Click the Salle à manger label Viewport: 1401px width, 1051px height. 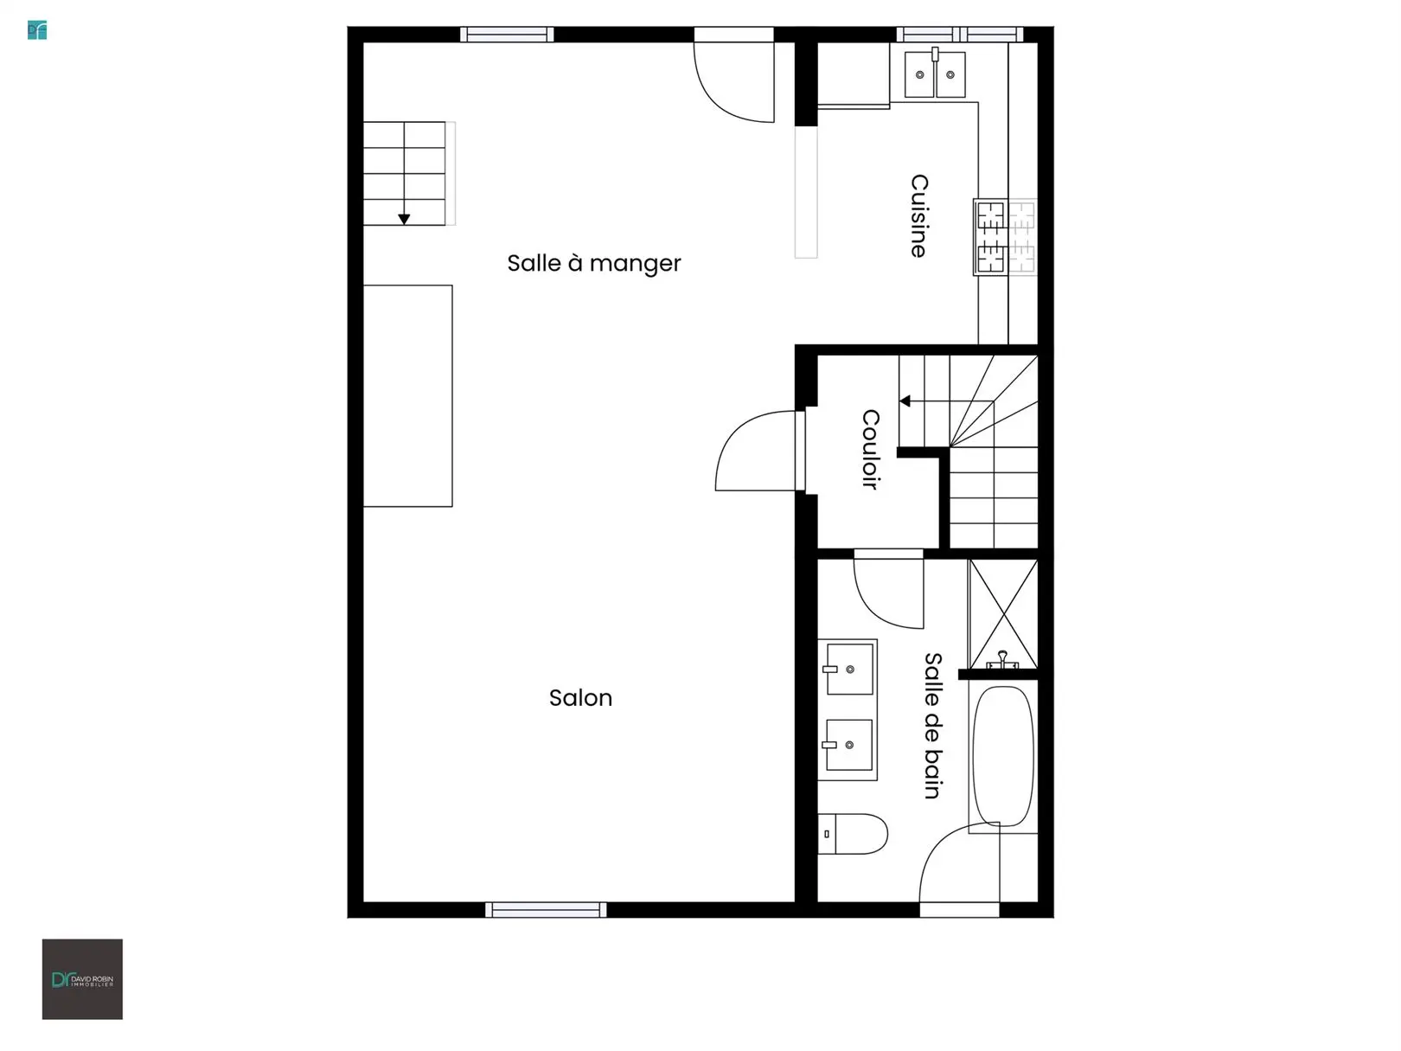pos(593,263)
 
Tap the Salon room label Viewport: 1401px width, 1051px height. pos(580,697)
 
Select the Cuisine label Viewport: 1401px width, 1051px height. pos(918,215)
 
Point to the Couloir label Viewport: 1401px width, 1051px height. pos(871,449)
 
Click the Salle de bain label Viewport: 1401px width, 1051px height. pos(933,726)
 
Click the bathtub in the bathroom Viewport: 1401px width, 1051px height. pos(1002,756)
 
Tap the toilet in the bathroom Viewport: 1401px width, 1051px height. pos(852,833)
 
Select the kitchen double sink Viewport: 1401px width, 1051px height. pos(935,74)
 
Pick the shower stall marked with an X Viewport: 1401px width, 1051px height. pos(1002,614)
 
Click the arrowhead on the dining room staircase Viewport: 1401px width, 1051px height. pos(404,219)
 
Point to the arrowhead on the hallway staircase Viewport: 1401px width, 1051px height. pos(905,401)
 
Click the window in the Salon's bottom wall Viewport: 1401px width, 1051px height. pos(546,910)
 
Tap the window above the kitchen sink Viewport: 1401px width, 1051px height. pos(959,35)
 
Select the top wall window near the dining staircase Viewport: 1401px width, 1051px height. pos(507,35)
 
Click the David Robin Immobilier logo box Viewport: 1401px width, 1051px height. pos(82,979)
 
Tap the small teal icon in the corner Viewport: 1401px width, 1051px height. pos(37,30)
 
